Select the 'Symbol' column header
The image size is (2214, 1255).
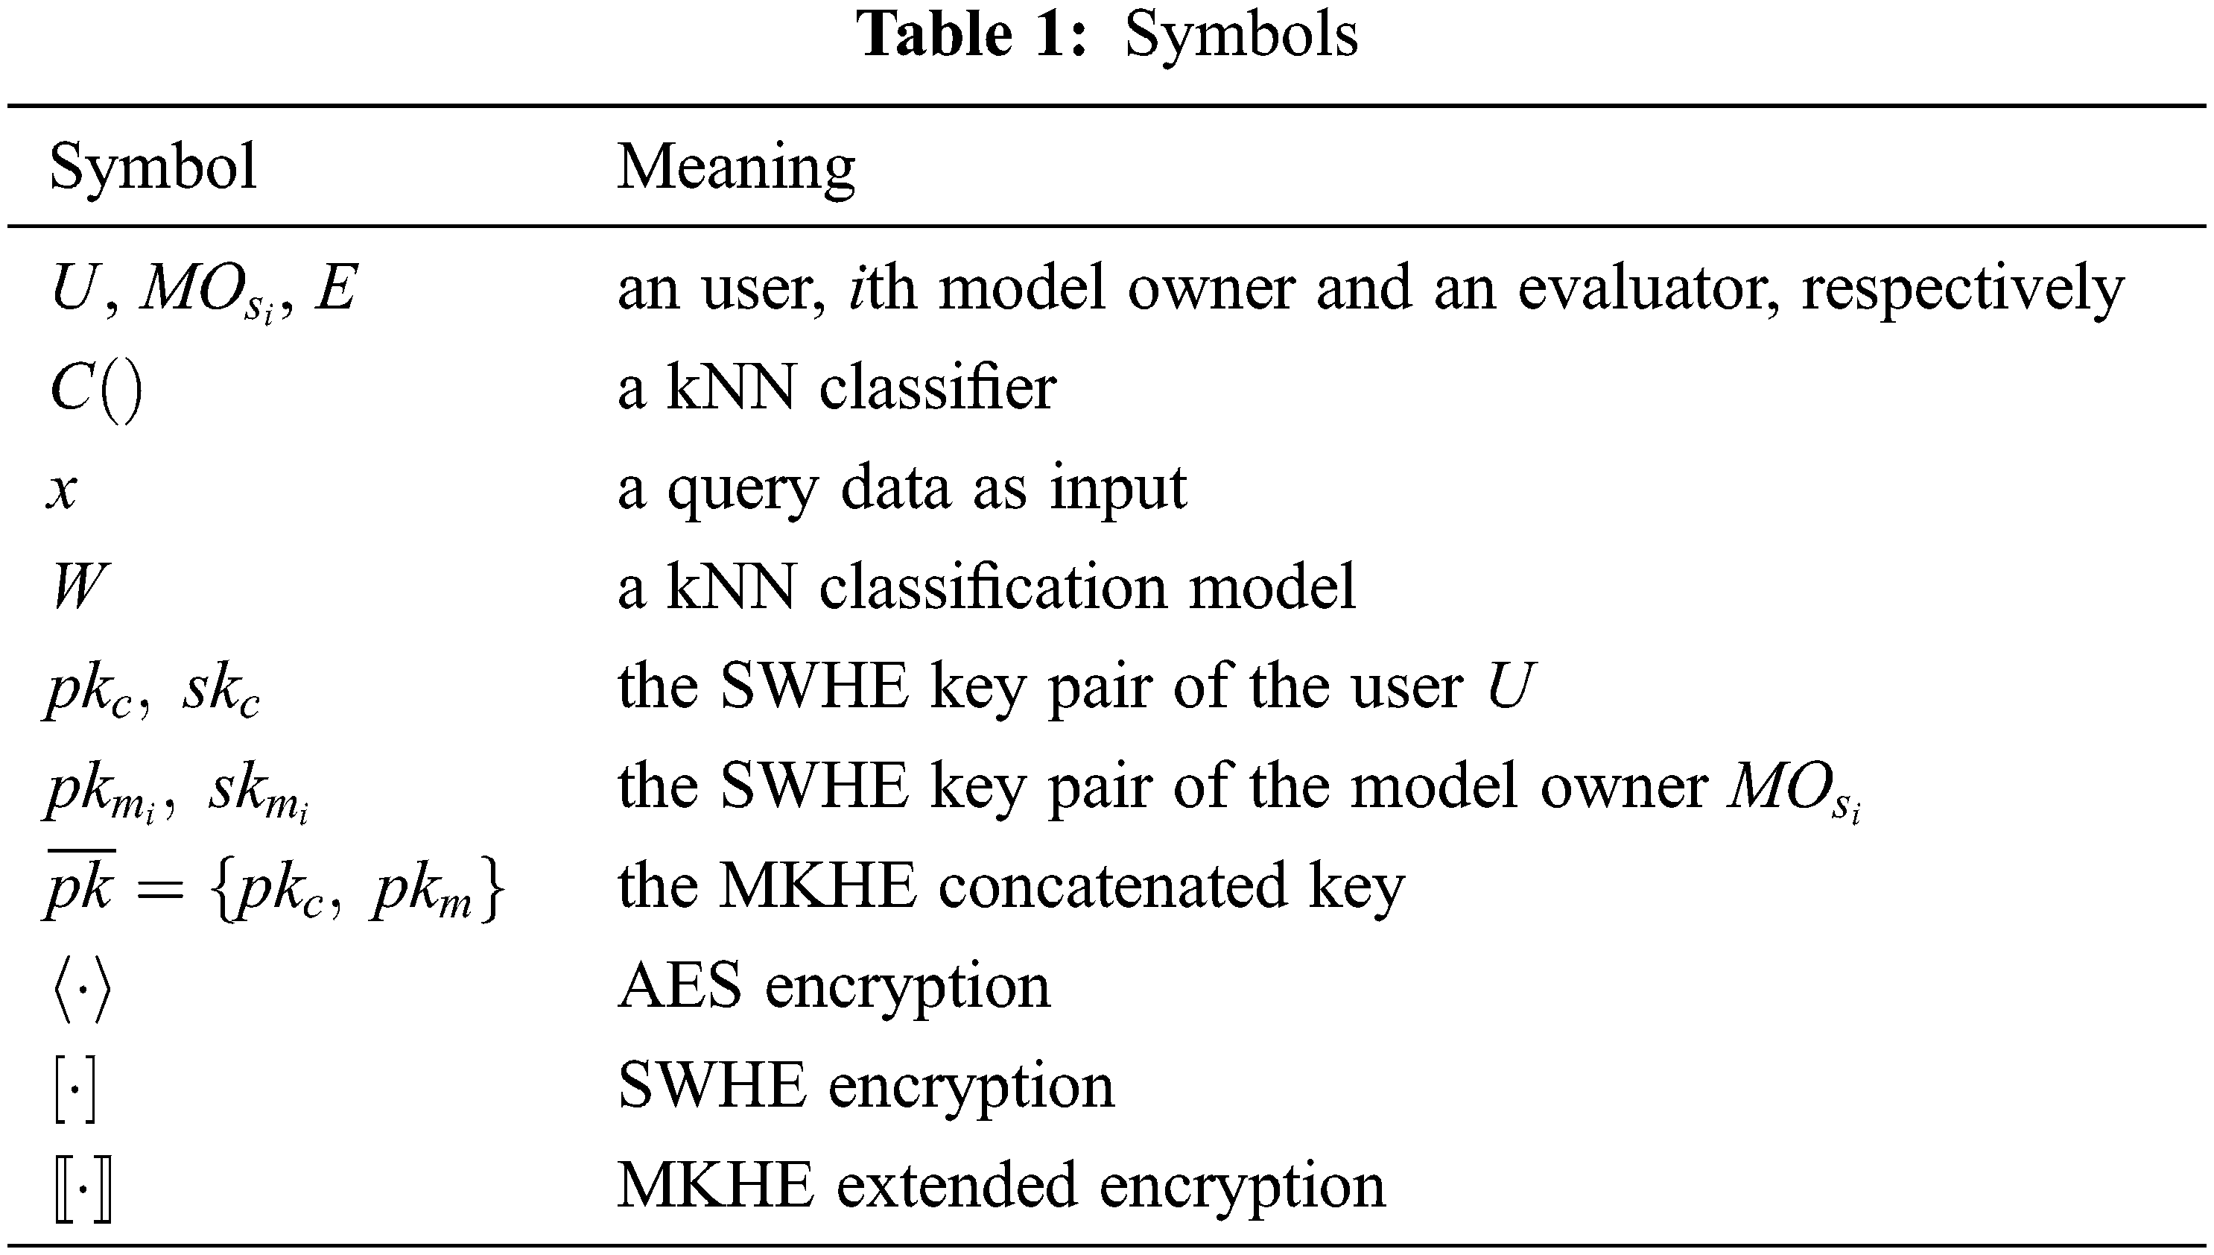[x=153, y=166]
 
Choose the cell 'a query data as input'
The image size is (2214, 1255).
[x=901, y=489]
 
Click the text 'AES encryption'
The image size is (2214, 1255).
[x=834, y=986]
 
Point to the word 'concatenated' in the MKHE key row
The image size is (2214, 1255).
[x=1112, y=886]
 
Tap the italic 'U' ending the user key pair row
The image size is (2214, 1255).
[x=1509, y=687]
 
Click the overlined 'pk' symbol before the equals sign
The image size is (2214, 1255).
[x=79, y=886]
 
